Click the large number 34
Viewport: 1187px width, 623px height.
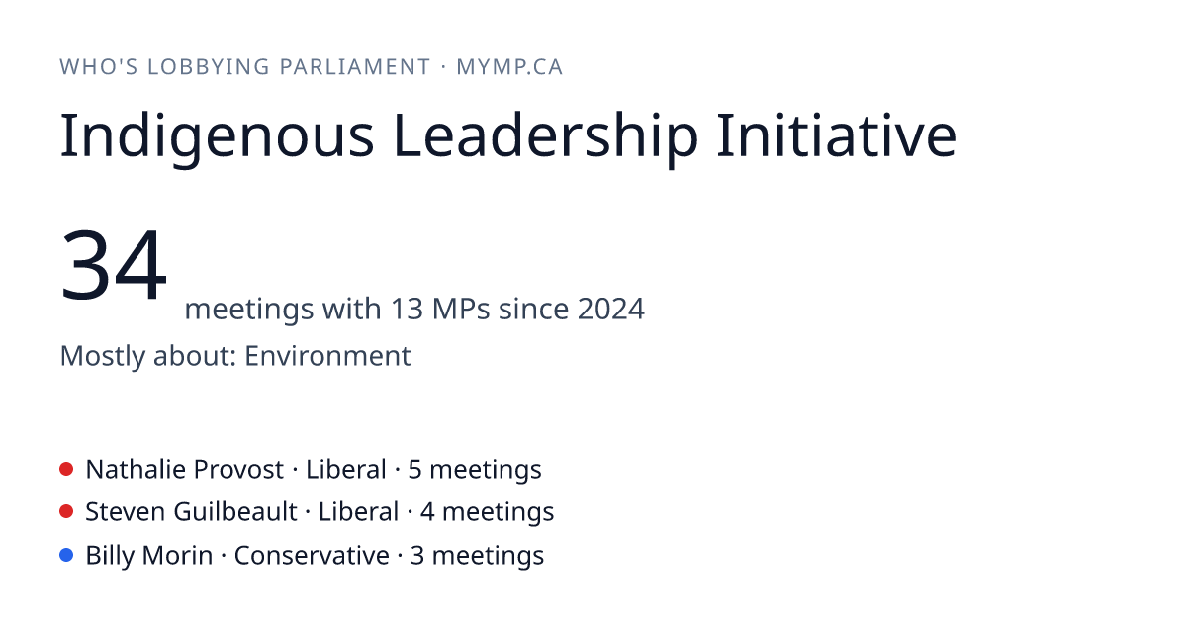click(x=114, y=264)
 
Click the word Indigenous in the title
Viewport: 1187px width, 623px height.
click(x=218, y=136)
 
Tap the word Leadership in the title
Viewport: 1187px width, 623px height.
click(x=546, y=136)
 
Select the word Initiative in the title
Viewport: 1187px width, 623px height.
click(x=837, y=135)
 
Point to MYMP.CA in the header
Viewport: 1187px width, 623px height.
click(x=509, y=67)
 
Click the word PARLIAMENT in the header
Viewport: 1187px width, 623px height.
click(x=355, y=67)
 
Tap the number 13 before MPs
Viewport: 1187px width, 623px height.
click(x=407, y=309)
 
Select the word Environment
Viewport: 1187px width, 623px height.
click(x=327, y=355)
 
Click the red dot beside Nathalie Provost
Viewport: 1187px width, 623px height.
click(x=66, y=469)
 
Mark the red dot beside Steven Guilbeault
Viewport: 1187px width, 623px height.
click(x=66, y=512)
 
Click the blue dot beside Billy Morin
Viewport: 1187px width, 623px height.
click(x=66, y=555)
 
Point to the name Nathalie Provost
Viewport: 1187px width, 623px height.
click(x=184, y=470)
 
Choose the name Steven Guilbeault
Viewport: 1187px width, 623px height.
click(x=191, y=512)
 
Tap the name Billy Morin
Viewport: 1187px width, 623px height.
click(x=149, y=555)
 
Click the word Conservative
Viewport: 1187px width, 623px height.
click(x=312, y=555)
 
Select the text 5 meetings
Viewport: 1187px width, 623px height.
click(x=475, y=470)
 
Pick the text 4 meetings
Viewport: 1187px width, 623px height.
click(x=488, y=512)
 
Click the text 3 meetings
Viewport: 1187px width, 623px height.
click(x=478, y=556)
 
